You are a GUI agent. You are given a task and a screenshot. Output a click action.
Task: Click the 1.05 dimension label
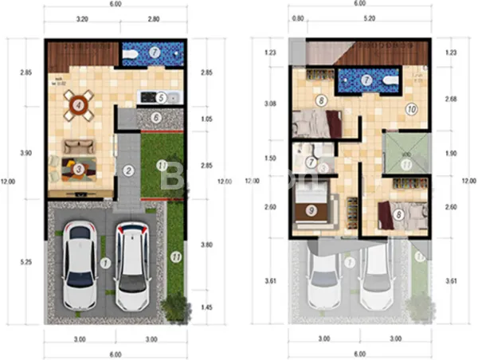(206, 119)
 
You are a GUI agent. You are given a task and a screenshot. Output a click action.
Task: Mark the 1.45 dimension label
(206, 307)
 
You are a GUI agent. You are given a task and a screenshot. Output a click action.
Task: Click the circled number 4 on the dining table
(78, 104)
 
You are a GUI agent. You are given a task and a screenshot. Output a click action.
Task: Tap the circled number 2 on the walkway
(127, 170)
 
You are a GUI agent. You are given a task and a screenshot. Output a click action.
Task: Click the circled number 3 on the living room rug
(79, 168)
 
